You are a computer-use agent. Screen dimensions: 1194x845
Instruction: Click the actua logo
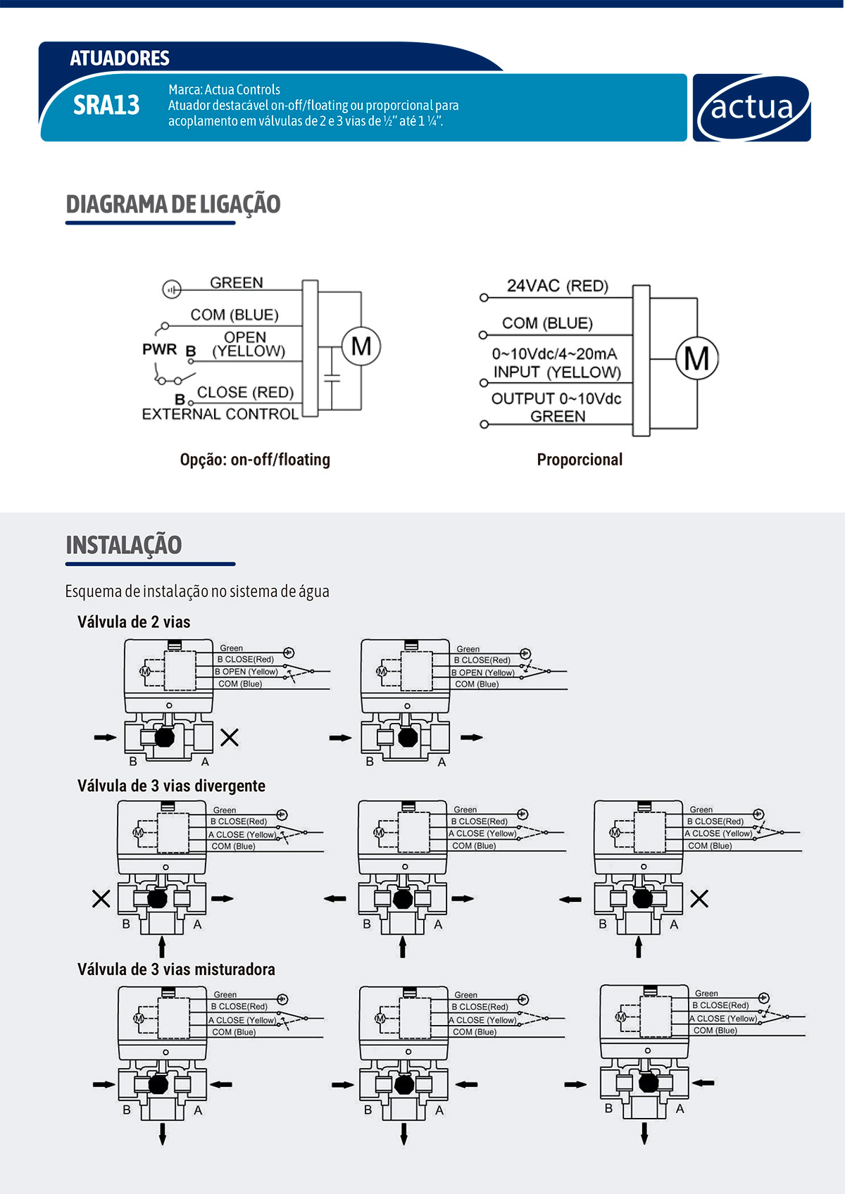click(x=751, y=108)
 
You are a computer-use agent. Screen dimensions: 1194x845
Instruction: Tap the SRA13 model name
click(x=106, y=106)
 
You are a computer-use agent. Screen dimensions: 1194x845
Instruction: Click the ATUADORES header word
click(x=120, y=58)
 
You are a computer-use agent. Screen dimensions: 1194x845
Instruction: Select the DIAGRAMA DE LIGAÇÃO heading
click(x=173, y=204)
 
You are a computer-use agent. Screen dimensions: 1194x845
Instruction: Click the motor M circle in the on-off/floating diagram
click(x=361, y=346)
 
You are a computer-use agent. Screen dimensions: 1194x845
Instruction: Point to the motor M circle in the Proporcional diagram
click(x=697, y=358)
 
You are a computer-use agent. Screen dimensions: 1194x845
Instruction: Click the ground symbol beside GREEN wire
click(x=172, y=289)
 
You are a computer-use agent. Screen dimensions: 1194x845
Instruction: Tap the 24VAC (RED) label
click(x=557, y=286)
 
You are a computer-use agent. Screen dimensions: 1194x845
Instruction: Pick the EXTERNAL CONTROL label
click(x=220, y=414)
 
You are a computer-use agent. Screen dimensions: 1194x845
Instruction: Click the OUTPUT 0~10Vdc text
click(x=556, y=398)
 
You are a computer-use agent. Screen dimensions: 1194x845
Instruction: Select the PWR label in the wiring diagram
click(x=159, y=349)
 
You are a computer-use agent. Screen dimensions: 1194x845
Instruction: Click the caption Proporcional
click(x=580, y=460)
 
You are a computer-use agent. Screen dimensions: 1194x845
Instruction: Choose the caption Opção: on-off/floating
click(x=255, y=460)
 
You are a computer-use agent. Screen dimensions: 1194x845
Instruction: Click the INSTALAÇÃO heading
click(x=124, y=545)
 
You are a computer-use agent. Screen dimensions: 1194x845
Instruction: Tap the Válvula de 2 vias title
click(x=134, y=622)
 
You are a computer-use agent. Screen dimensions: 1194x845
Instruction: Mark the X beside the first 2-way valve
click(x=230, y=737)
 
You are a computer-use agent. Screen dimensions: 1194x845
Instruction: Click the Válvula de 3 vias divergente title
click(x=171, y=786)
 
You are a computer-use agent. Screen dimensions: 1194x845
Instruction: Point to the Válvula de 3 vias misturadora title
click(x=176, y=969)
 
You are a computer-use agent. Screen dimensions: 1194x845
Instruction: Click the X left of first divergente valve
click(x=101, y=898)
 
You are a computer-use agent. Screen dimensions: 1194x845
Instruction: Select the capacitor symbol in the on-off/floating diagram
click(x=332, y=379)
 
